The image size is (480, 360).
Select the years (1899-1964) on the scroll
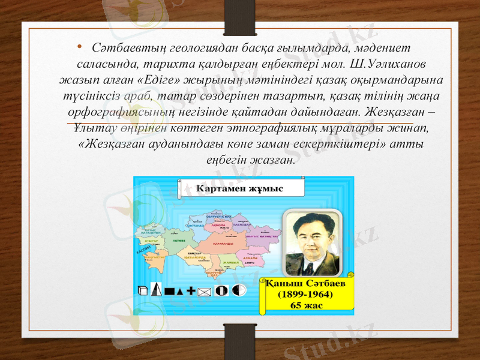[x=305, y=295]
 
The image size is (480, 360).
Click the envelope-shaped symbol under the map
[x=205, y=292]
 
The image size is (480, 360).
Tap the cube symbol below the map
[x=142, y=291]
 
